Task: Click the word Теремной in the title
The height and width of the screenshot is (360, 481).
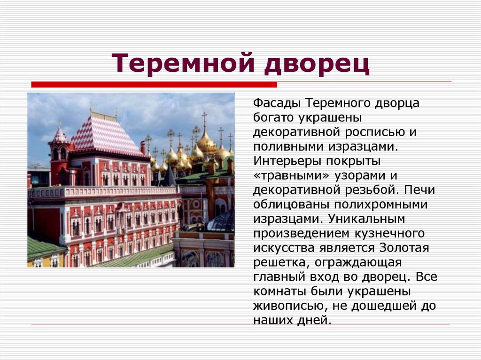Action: [x=183, y=64]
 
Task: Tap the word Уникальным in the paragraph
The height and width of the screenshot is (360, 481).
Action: [x=366, y=219]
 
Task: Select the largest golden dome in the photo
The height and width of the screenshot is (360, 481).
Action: [x=205, y=141]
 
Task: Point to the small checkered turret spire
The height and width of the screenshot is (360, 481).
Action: [x=59, y=135]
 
